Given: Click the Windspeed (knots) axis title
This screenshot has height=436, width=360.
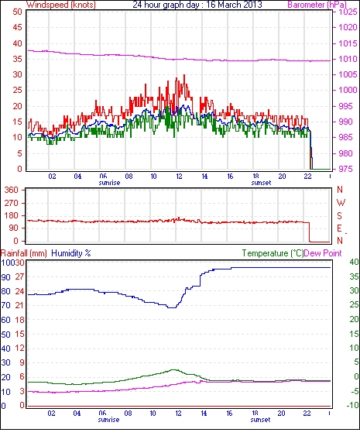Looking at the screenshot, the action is coord(61,5).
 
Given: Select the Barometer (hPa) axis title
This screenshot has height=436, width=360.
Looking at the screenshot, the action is coord(317,5).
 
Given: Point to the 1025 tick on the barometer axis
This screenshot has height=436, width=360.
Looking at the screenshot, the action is coord(348,12).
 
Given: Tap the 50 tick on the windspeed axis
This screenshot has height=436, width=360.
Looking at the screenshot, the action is coord(17,12).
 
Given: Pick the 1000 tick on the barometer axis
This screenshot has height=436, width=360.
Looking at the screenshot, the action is coord(348,90).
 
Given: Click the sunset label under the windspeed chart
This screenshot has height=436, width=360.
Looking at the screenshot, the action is coord(261,183).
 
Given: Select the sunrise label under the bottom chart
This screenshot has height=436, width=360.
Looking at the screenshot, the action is coord(108,420).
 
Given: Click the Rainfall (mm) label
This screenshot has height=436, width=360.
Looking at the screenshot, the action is coord(24,253).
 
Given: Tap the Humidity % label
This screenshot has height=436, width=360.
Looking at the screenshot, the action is coord(71,253).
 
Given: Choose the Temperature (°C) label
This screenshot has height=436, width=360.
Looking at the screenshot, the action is coord(273,253).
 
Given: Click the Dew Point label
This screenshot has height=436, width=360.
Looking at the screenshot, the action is coord(323,253).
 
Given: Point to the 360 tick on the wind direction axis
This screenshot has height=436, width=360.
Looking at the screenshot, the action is coord(11,191).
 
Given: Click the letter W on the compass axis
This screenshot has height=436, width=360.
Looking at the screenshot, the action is coord(341,203).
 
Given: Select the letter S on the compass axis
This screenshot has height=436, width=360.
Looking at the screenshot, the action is coord(339,216).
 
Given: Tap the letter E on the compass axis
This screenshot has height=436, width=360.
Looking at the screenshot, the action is coord(339,228).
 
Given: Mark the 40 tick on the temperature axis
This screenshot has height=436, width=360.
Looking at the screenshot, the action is coord(354,262).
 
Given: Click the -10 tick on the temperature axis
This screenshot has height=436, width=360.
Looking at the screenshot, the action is coord(353,406).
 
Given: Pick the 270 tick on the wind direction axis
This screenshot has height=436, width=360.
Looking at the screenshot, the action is coord(11,203).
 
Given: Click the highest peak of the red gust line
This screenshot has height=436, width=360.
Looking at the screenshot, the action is coord(184,75).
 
